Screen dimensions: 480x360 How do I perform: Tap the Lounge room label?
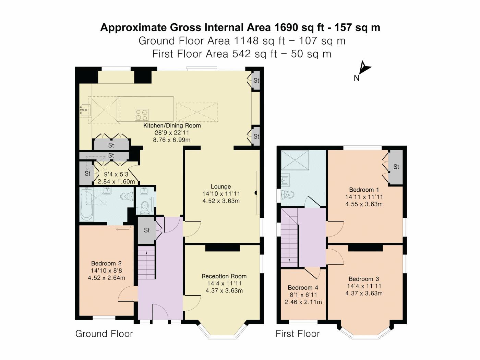[221, 187]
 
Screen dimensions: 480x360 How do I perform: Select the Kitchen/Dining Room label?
[172, 125]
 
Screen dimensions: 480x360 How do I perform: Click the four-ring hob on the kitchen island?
[142, 115]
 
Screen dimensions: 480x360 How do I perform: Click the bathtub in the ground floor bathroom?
[87, 205]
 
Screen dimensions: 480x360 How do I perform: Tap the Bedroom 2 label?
[106, 263]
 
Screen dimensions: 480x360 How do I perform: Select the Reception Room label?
[224, 276]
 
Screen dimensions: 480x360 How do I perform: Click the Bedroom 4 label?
[303, 287]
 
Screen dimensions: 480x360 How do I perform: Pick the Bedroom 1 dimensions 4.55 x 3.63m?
[364, 204]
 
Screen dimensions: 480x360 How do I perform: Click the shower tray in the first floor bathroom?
[295, 160]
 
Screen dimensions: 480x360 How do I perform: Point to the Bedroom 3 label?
[364, 279]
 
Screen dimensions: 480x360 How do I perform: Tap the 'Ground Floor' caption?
[104, 334]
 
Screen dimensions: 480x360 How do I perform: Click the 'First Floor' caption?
[298, 334]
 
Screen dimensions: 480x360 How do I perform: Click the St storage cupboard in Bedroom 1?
[396, 167]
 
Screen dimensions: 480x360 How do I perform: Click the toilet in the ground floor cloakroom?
[145, 207]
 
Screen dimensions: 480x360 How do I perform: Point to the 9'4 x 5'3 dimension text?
[116, 174]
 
